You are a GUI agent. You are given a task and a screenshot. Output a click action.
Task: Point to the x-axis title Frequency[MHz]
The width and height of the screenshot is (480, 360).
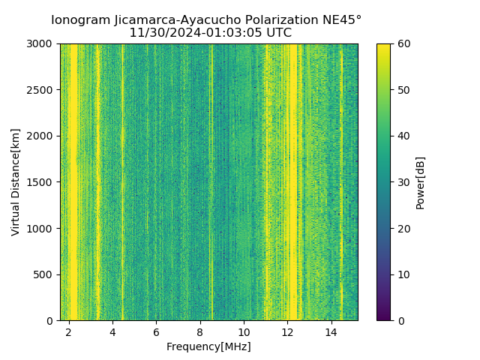[x=208, y=346]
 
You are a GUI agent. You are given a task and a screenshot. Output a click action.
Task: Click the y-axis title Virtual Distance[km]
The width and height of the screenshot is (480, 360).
[x=16, y=182]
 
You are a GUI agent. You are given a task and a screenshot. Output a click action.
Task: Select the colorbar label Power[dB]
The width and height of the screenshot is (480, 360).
[x=421, y=182]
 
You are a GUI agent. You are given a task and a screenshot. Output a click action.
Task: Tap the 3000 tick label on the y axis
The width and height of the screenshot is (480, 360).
[x=41, y=44]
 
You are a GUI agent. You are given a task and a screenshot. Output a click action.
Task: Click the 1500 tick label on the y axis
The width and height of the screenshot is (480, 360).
[x=41, y=182]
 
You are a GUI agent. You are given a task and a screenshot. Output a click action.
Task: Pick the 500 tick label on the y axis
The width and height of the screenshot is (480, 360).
[x=44, y=274]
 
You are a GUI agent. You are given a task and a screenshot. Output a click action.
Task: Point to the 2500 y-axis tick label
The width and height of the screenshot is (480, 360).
[x=41, y=90]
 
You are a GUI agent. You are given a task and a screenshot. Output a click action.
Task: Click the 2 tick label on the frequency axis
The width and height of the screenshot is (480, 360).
[x=69, y=331]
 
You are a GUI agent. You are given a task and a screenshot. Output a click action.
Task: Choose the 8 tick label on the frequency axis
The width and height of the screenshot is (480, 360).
[x=200, y=331]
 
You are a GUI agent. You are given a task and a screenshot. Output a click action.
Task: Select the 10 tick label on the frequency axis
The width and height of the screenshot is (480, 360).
[x=244, y=331]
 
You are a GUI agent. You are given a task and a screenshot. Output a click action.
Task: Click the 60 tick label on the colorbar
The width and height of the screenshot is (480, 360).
[x=403, y=44]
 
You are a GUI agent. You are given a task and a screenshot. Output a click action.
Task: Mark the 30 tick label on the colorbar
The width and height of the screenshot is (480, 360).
[x=403, y=182]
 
